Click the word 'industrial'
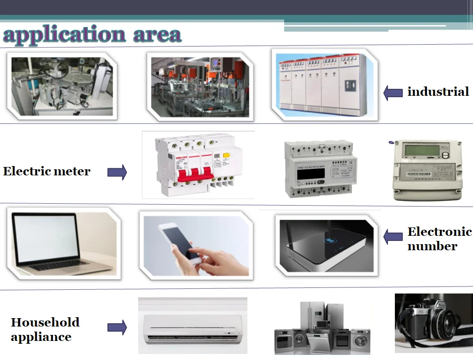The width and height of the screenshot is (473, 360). (438, 92)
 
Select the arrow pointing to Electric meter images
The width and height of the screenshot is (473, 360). (117, 173)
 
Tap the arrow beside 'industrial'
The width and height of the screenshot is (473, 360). (393, 93)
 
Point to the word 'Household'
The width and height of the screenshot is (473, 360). (45, 322)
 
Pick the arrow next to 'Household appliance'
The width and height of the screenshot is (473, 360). (117, 327)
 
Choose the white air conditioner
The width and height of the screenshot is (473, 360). (193, 325)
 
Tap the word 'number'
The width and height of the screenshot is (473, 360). (432, 246)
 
